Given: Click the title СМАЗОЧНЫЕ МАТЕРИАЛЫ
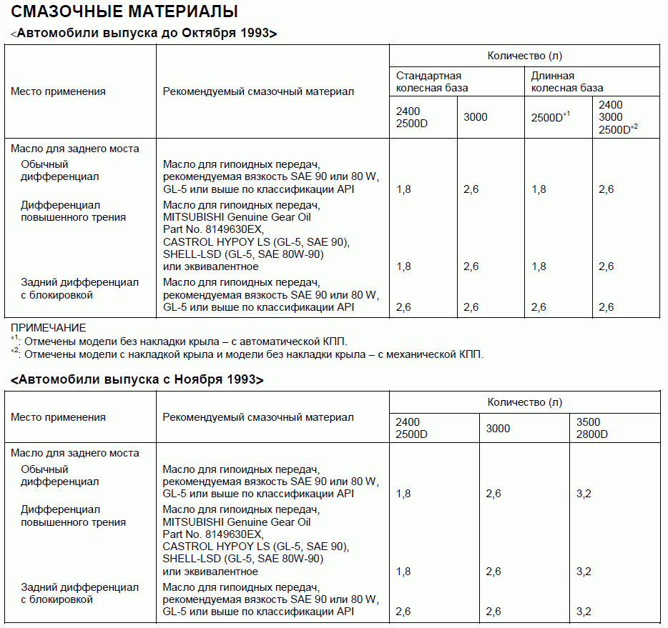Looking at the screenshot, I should click(125, 11).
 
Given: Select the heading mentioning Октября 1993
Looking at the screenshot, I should click(144, 34).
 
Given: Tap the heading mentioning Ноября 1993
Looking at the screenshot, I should click(137, 379).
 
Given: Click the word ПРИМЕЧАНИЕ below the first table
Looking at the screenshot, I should click(48, 328).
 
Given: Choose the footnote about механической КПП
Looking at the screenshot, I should click(247, 354).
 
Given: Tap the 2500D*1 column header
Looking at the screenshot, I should click(550, 117).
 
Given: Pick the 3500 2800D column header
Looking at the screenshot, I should click(592, 428).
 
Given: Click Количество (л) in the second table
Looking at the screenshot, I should click(524, 402).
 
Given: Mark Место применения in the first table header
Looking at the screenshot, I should click(58, 91).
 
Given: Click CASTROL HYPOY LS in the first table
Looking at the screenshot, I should click(256, 241).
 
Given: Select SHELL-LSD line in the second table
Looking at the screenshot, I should click(243, 559).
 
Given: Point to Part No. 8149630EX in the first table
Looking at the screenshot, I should click(213, 229).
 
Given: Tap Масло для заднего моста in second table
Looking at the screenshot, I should click(74, 453).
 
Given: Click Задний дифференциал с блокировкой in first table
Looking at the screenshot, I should click(79, 289).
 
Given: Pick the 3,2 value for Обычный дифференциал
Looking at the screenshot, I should click(584, 494).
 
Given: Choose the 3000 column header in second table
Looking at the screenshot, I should click(498, 428).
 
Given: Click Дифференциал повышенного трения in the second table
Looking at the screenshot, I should click(73, 516).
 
